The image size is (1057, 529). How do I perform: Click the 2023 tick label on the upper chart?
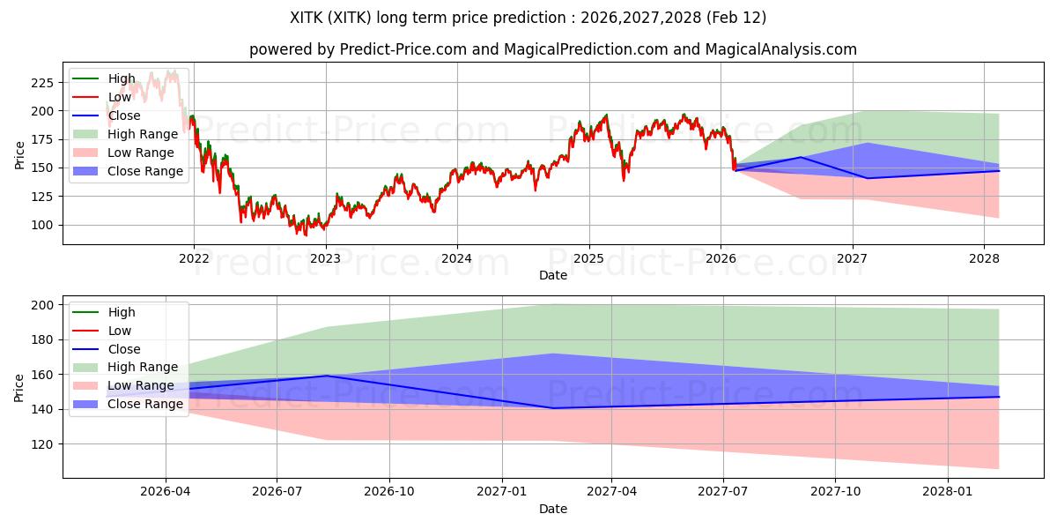tap(325, 258)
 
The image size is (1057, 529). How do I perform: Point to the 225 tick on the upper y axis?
tap(41, 83)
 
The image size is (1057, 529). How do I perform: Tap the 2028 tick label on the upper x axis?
tap(984, 258)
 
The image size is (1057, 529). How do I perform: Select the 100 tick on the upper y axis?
tap(41, 225)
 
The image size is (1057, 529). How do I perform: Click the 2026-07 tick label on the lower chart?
tap(277, 492)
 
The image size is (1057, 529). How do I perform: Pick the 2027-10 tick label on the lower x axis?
tap(836, 492)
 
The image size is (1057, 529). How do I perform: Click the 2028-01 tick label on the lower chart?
tap(948, 492)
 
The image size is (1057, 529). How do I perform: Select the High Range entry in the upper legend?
tap(143, 134)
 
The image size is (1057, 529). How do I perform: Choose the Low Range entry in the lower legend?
tap(141, 385)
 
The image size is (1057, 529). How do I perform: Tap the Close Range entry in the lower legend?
tap(145, 404)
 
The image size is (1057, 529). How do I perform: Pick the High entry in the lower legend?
tap(122, 312)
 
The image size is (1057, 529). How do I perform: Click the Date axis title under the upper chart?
tap(552, 275)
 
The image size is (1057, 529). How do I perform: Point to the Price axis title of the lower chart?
tap(19, 387)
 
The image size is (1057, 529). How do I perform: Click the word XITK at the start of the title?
tap(307, 18)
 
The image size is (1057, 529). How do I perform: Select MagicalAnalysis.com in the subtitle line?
tap(780, 49)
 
